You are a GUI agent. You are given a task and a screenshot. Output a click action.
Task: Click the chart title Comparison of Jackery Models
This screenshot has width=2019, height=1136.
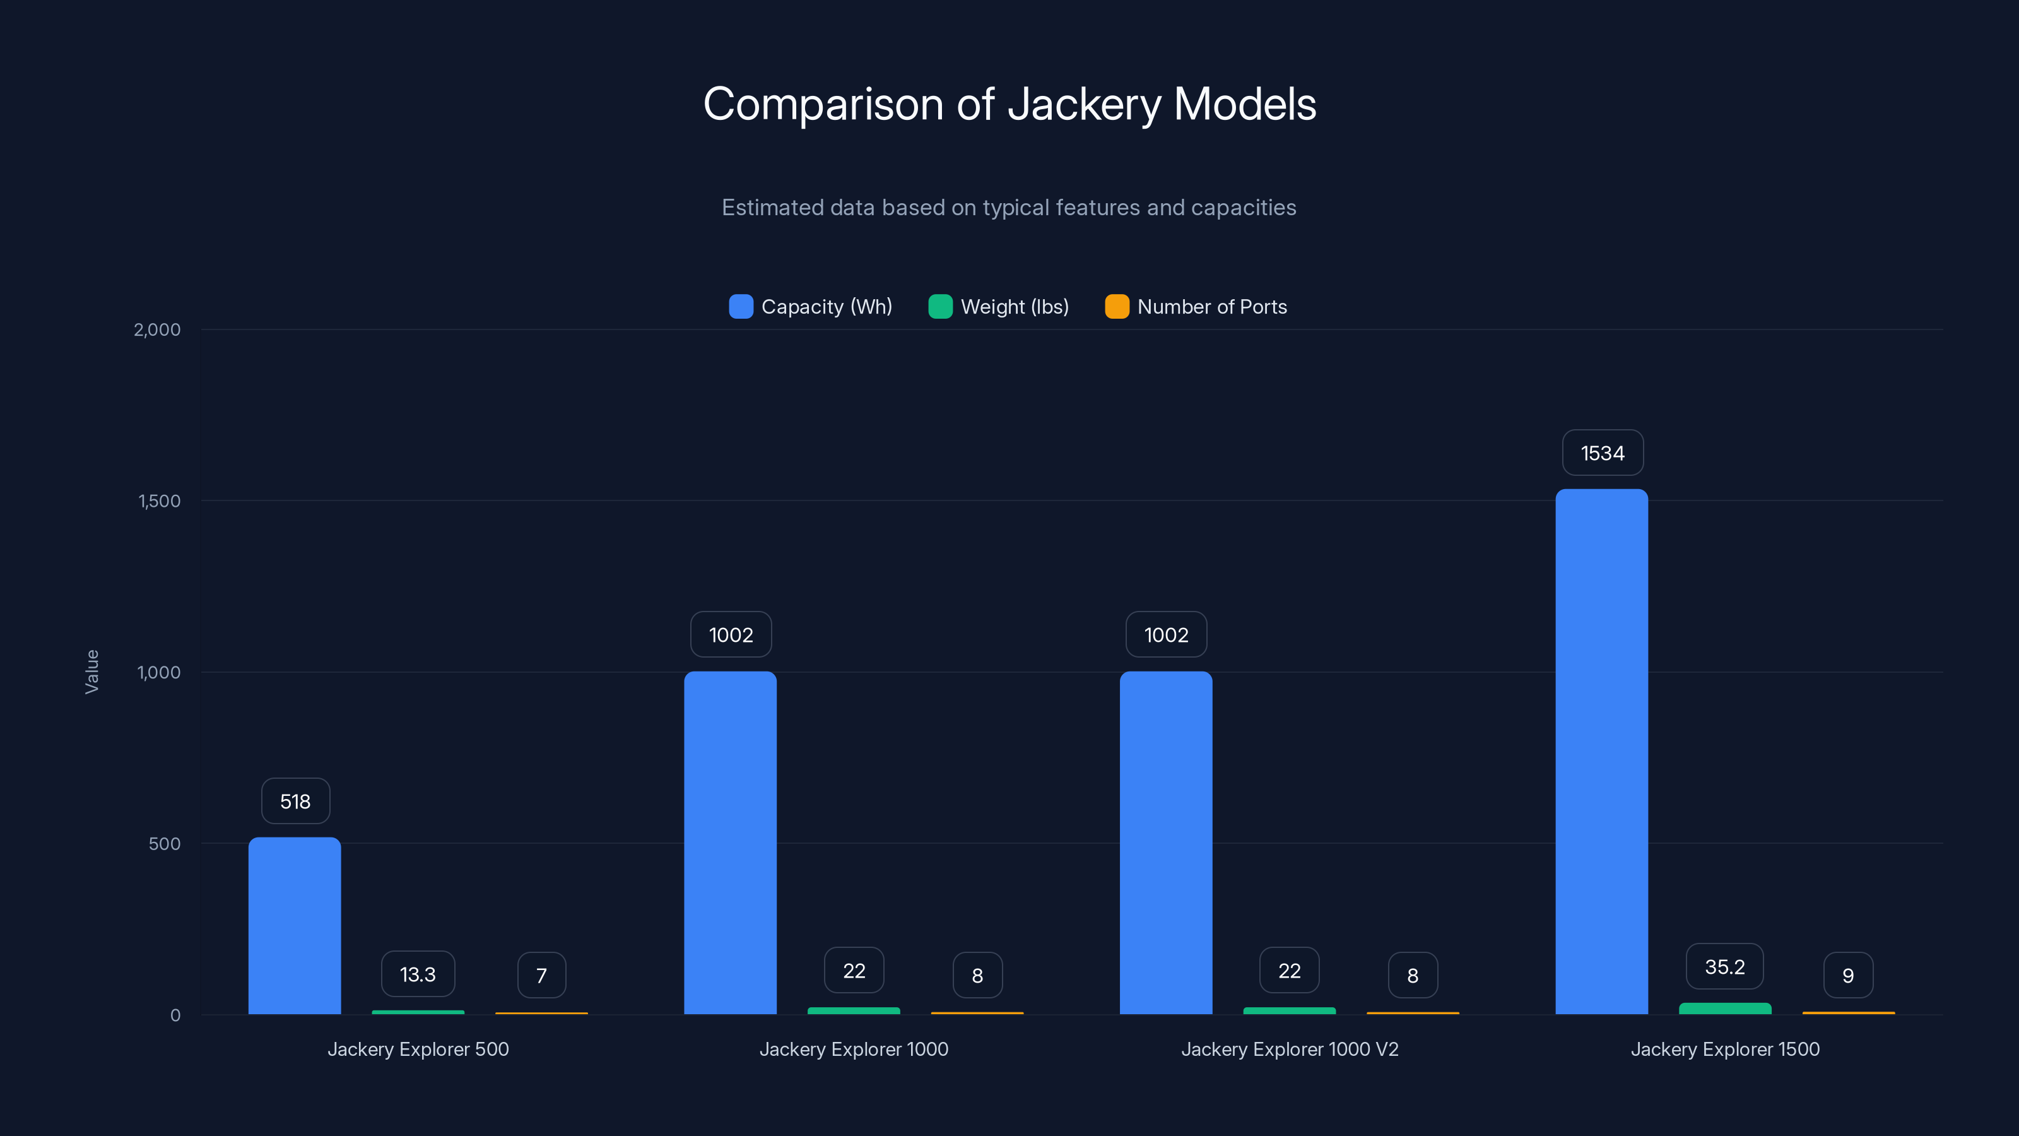1010,104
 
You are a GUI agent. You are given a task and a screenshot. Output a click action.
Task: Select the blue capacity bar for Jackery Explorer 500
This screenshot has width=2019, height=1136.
295,925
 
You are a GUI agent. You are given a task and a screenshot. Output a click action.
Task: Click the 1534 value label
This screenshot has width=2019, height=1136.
1602,453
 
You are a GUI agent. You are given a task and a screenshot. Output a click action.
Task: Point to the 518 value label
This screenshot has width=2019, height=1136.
295,802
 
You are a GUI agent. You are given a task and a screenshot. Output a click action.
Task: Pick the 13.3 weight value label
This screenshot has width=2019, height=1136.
418,974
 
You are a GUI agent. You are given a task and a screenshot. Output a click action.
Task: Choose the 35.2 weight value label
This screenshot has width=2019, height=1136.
1724,967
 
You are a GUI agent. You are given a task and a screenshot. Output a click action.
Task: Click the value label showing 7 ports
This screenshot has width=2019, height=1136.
541,975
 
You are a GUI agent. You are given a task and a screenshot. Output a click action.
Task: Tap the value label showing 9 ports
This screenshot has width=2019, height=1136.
1847,975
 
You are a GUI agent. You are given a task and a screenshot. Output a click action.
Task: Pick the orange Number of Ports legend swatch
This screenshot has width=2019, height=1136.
1117,307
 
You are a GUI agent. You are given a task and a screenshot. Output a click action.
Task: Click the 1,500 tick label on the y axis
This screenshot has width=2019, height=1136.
159,501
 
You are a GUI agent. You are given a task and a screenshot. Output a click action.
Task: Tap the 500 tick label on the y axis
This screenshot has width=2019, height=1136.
165,844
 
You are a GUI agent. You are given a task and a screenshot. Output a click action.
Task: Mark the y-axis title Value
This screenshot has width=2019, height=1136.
91,672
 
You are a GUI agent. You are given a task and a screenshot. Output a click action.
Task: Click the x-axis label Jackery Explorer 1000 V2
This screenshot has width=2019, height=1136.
1289,1049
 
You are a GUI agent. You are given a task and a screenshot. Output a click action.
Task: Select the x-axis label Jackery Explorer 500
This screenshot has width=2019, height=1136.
418,1049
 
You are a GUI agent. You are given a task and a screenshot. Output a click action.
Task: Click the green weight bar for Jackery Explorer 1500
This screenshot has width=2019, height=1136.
1724,1009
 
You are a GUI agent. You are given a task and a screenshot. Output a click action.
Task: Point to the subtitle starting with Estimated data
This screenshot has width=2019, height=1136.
1009,207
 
